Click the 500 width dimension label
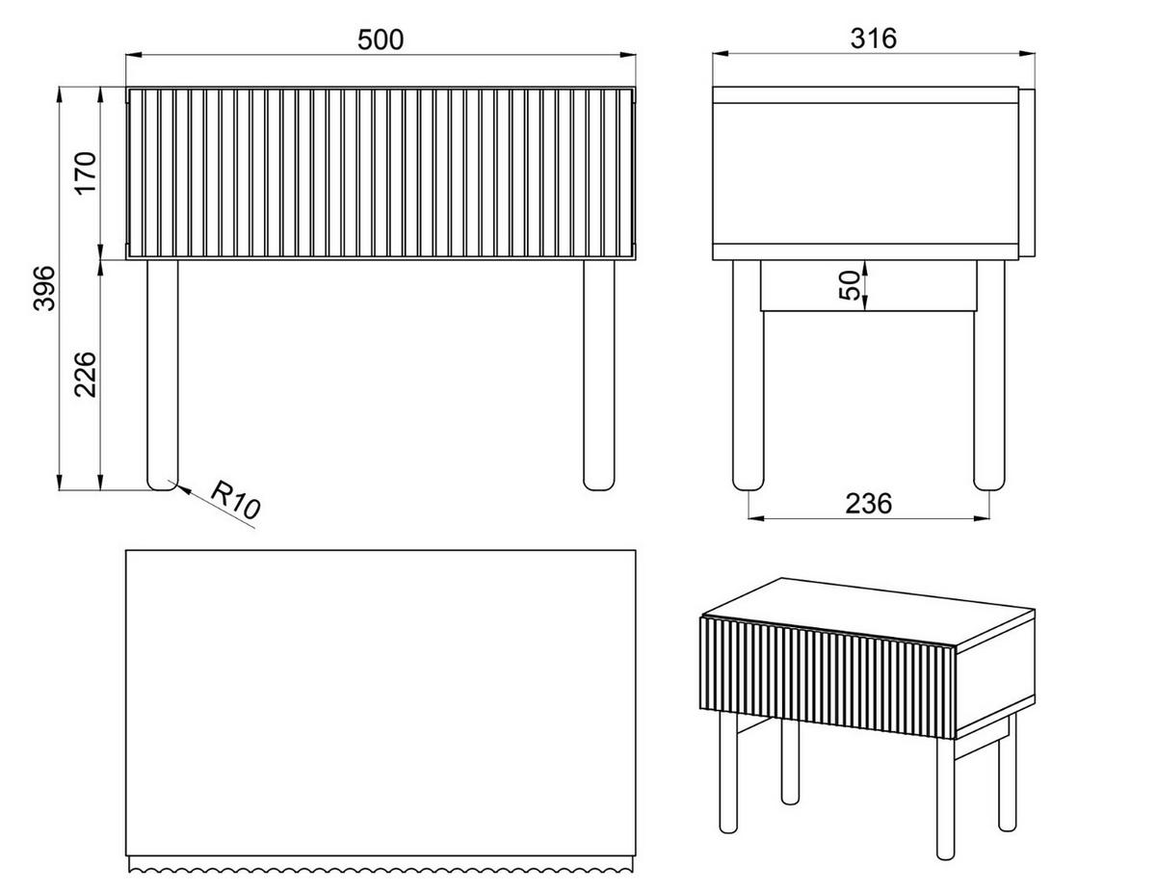(381, 39)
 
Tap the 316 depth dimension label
(874, 39)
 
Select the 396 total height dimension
(44, 288)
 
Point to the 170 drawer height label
(86, 174)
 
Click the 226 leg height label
(86, 375)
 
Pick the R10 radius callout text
(236, 499)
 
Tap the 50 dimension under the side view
(849, 285)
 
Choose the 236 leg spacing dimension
(868, 503)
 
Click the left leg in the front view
(163, 375)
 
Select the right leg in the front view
(598, 375)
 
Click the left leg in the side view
(748, 375)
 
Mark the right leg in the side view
(989, 375)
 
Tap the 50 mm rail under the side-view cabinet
(868, 286)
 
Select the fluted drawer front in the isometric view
(828, 677)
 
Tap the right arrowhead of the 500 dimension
(628, 55)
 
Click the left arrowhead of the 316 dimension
(722, 54)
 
